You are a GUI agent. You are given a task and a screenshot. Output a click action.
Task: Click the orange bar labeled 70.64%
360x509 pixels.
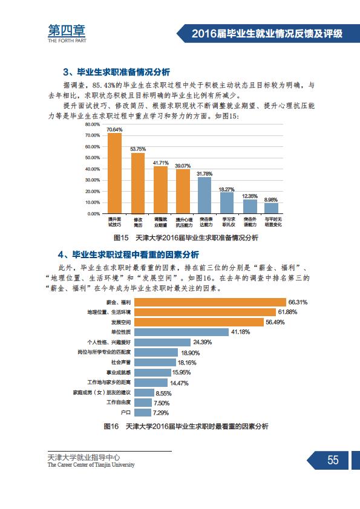coord(114,173)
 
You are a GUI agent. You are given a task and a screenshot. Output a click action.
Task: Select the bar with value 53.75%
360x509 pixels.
coord(138,183)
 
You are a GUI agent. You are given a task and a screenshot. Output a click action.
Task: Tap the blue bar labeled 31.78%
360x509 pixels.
coord(205,195)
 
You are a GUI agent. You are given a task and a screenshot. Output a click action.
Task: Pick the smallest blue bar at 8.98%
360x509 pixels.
coord(271,209)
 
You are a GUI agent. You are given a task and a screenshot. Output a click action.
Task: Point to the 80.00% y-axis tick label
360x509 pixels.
coord(93,125)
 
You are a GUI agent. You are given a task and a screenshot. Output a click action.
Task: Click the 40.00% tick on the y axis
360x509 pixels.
coord(93,169)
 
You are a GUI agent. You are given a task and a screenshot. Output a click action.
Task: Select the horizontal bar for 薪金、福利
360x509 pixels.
coord(210,302)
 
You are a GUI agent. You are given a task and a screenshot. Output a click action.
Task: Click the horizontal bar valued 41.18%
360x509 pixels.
coord(182,332)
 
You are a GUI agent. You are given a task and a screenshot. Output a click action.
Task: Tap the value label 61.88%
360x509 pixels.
coord(287,312)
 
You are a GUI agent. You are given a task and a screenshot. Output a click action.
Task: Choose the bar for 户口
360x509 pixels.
coord(143,413)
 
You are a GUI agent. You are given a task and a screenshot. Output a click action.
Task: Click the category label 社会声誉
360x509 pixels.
coord(121,362)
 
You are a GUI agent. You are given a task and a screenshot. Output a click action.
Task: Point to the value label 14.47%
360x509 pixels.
coord(179,383)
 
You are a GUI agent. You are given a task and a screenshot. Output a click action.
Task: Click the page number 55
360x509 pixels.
coord(333,460)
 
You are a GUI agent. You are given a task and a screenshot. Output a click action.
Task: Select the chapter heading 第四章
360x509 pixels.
coord(67,30)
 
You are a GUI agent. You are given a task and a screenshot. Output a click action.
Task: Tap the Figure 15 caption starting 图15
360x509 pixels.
coord(186,238)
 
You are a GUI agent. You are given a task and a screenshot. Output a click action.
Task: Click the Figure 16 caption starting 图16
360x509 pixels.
coord(186,426)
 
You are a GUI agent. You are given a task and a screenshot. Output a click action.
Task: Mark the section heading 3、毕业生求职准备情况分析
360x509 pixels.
coord(117,72)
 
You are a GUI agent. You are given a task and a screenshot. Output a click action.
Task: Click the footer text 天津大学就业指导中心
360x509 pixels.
coord(84,458)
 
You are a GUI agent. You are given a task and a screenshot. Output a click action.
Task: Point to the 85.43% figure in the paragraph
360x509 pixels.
coord(103,85)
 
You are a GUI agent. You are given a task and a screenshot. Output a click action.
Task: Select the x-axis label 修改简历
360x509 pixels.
coord(138,222)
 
